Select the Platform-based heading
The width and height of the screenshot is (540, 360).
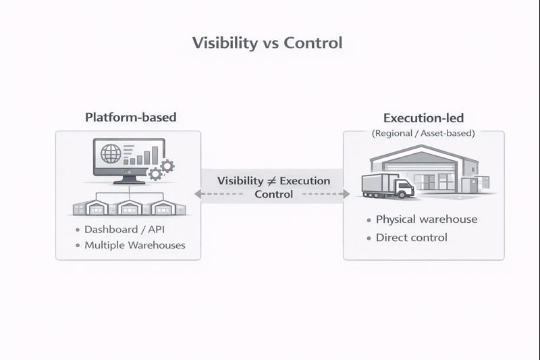130,117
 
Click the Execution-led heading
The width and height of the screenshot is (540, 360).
423,118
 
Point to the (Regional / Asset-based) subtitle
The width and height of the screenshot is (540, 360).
423,134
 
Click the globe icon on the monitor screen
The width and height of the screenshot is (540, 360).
110,153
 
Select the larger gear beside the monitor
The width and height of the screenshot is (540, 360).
166,165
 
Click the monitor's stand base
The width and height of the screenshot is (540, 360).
128,181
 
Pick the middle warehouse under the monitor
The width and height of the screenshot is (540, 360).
128,208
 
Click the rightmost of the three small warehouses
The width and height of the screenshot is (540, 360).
164,208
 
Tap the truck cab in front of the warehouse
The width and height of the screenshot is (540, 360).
404,187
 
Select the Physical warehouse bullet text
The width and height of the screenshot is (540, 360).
426,220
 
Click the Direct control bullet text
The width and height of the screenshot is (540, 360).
411,237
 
